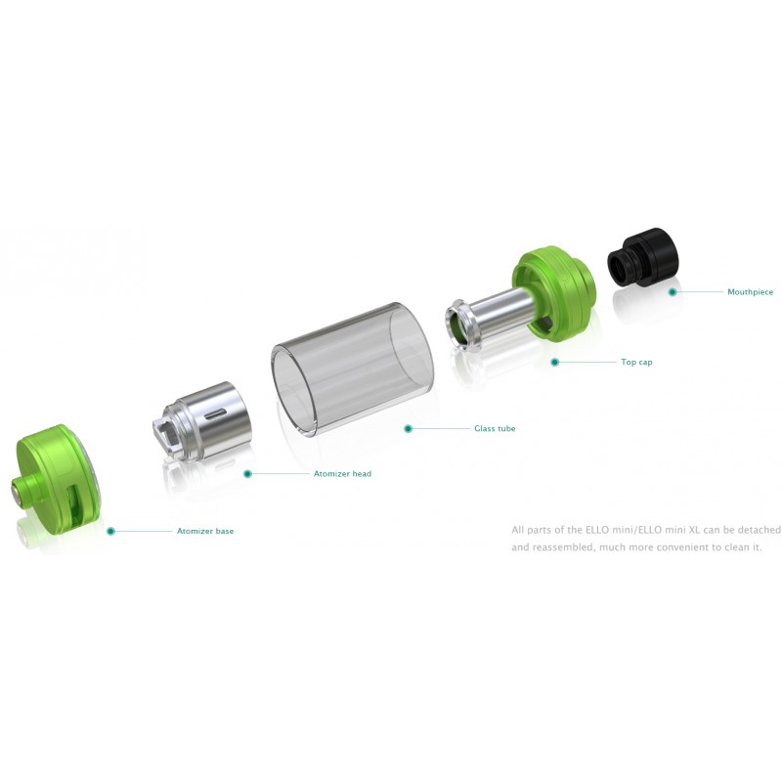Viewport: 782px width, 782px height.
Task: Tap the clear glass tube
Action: click(352, 369)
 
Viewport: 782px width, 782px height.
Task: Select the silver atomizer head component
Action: click(202, 420)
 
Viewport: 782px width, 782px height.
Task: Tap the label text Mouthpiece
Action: click(750, 292)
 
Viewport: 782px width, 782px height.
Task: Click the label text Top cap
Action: click(636, 362)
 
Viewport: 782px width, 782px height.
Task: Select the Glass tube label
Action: click(495, 428)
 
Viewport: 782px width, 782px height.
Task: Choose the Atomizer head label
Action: click(342, 474)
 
